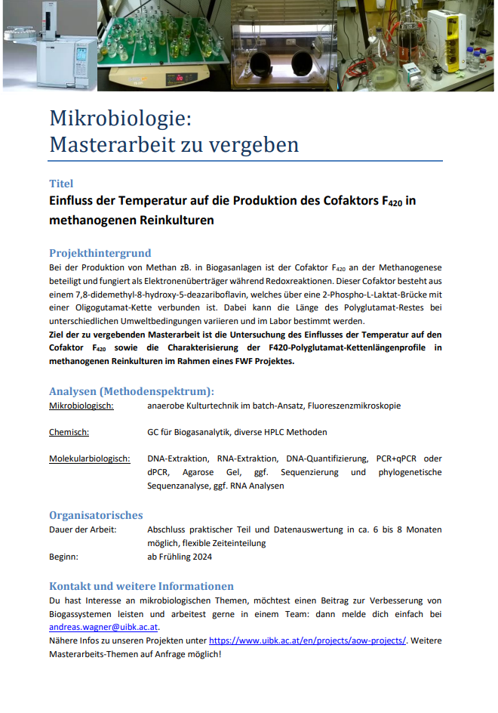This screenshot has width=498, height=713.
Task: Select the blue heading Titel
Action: [x=61, y=184]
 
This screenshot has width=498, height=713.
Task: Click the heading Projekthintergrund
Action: [x=100, y=253]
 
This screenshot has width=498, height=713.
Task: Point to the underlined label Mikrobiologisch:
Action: [x=81, y=406]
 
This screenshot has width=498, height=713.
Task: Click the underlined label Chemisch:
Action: [x=69, y=433]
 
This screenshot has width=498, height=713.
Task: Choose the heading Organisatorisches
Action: [x=96, y=515]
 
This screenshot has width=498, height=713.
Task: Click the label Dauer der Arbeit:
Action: [x=83, y=529]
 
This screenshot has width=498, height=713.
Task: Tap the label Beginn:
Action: [x=64, y=557]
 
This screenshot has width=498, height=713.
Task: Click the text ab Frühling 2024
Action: [x=180, y=557]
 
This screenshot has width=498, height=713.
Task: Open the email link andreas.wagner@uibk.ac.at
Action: [x=103, y=627]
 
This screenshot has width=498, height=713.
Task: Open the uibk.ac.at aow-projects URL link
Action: [x=307, y=640]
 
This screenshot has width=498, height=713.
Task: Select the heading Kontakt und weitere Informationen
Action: [x=141, y=586]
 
